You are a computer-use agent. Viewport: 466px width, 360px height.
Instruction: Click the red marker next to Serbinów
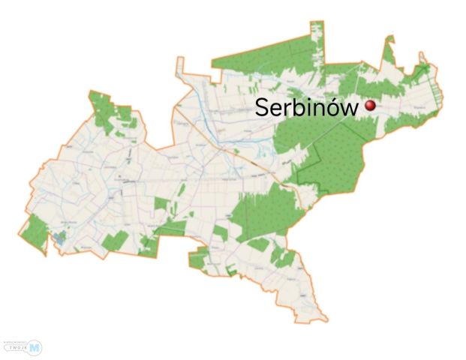pyautogui.click(x=370, y=106)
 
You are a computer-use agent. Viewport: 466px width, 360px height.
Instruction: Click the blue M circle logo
pyautogui.click(x=35, y=346)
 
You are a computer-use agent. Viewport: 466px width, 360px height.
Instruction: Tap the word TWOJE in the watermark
pyautogui.click(x=18, y=348)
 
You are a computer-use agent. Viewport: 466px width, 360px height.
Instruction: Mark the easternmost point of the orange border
pyautogui.click(x=443, y=94)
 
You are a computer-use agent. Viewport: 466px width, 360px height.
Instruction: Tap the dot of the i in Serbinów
pyautogui.click(x=308, y=99)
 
